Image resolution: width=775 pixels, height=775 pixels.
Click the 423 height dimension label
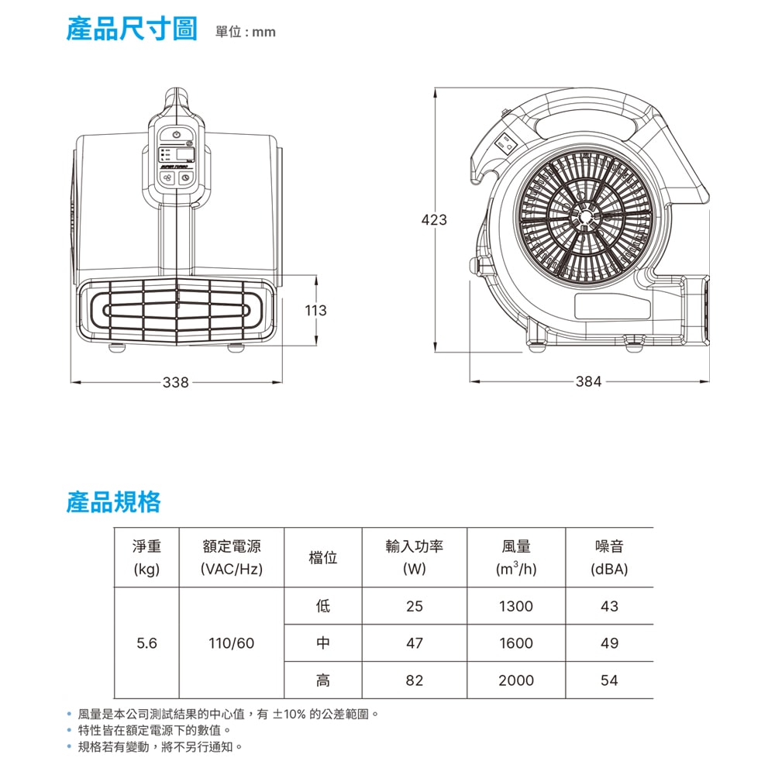point(434,219)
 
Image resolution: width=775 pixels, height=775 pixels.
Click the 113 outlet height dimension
point(316,311)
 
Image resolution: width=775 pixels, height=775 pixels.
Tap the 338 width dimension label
point(176,382)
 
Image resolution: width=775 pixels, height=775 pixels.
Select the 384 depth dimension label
point(589,381)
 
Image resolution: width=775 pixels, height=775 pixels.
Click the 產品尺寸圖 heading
point(132,28)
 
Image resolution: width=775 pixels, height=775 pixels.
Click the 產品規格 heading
point(114,502)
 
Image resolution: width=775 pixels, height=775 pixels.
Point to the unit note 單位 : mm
point(246,32)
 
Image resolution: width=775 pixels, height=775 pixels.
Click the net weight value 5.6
point(146,643)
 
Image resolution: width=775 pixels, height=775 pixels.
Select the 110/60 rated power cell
point(231,643)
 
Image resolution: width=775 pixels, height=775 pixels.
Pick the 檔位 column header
point(322,557)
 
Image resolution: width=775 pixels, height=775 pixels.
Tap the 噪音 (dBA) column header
point(609,557)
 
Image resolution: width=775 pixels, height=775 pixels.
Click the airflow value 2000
point(516,680)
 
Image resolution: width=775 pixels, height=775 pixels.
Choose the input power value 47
point(414,643)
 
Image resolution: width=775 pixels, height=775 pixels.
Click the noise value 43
point(609,606)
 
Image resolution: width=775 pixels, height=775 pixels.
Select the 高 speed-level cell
point(322,680)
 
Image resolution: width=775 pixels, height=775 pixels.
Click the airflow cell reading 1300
point(516,606)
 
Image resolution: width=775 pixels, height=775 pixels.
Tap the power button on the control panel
point(177,134)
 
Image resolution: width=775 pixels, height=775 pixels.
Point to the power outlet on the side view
point(505,145)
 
